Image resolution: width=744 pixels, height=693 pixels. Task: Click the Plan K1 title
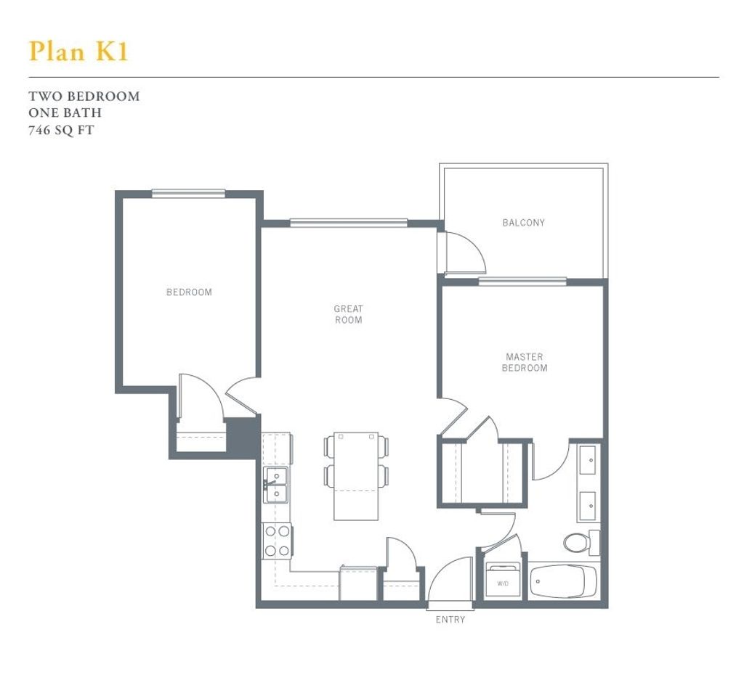[78, 51]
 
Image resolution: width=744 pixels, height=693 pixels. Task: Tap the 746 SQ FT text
[62, 131]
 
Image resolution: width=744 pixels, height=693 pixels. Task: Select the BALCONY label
[523, 223]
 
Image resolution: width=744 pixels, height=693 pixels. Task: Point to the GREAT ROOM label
[348, 314]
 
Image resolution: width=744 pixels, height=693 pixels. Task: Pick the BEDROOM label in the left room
[189, 292]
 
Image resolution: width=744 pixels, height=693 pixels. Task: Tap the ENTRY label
[450, 620]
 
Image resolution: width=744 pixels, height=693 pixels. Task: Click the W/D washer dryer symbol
[502, 581]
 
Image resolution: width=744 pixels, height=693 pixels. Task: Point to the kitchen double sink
[276, 485]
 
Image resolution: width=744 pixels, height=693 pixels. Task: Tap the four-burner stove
[276, 541]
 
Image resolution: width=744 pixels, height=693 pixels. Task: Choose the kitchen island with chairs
[356, 476]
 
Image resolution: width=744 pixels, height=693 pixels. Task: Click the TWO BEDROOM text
[84, 96]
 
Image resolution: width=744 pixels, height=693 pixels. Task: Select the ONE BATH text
[65, 113]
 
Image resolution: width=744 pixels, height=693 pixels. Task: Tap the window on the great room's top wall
[349, 223]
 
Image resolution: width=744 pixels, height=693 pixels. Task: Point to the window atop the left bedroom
[188, 192]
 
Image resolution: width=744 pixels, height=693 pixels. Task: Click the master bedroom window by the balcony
[522, 282]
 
